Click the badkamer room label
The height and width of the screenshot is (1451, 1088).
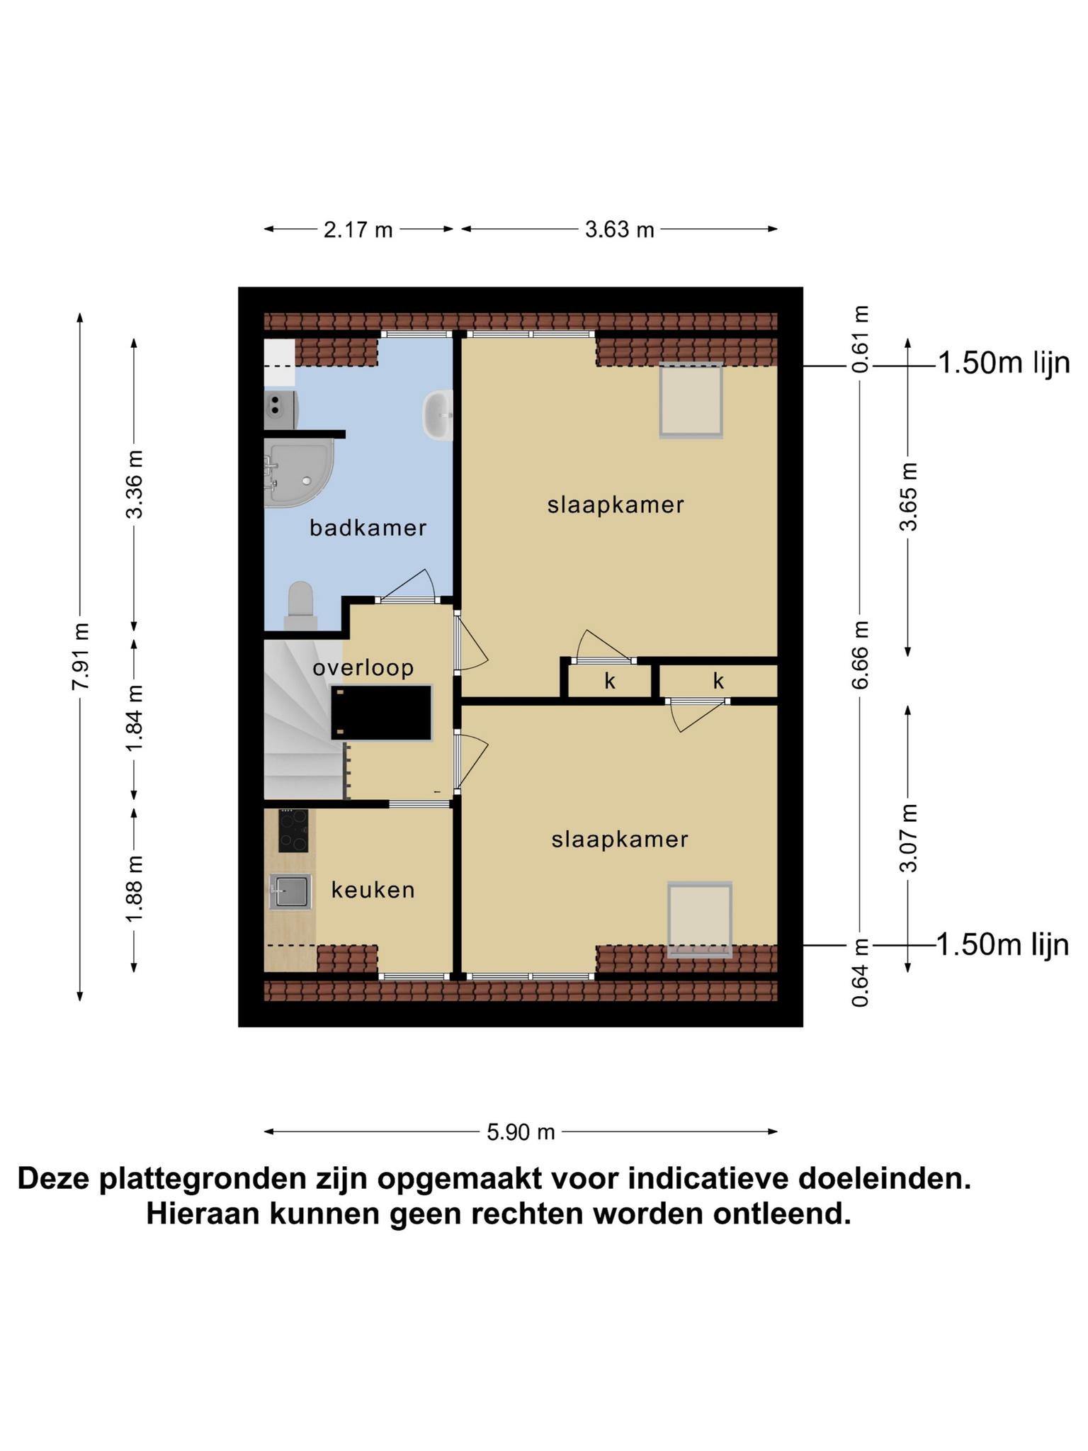[368, 528]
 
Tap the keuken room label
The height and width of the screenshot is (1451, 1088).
[373, 890]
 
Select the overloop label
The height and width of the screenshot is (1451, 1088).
[363, 667]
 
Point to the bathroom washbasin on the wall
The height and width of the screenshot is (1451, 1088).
[438, 415]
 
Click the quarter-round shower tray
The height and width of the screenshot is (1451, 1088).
[297, 472]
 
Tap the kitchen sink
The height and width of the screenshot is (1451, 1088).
[290, 891]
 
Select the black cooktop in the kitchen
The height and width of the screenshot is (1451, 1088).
[293, 830]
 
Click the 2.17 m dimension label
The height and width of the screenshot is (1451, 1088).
[358, 230]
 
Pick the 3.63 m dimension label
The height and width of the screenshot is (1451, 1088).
[619, 230]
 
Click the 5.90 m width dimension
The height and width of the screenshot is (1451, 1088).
[521, 1132]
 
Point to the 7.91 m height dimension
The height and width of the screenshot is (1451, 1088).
[81, 656]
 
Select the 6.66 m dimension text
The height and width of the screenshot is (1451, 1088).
[860, 655]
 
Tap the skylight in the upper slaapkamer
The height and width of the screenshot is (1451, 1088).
[691, 400]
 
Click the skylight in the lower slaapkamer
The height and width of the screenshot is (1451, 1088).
[700, 920]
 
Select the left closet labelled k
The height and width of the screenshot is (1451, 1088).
[610, 681]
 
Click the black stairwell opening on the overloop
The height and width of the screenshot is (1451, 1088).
[382, 713]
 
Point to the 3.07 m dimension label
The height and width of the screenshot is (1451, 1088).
[909, 838]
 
